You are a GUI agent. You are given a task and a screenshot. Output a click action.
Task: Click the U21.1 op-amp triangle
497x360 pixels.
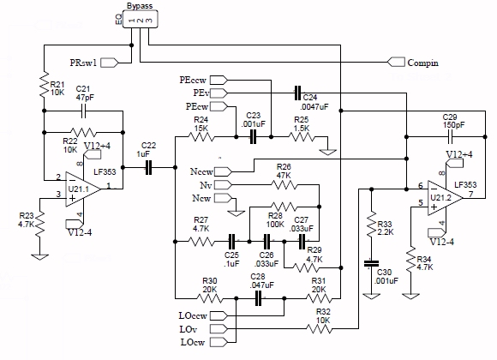click(x=81, y=189)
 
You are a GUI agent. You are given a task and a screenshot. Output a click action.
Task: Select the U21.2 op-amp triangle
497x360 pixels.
click(x=443, y=198)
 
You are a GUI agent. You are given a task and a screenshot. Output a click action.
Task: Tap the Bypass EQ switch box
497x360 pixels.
click(x=140, y=20)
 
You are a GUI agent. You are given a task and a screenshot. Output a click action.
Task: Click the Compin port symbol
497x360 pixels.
click(x=396, y=63)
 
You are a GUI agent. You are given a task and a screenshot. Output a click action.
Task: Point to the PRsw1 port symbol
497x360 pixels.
click(x=110, y=63)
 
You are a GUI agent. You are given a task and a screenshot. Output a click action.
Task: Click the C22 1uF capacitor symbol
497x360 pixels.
click(x=148, y=167)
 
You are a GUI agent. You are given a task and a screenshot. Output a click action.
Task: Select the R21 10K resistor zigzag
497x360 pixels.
click(x=44, y=84)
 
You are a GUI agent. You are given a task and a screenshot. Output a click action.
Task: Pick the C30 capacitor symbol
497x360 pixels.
click(x=371, y=264)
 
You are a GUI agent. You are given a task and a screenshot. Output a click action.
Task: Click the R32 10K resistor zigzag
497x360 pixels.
click(x=319, y=329)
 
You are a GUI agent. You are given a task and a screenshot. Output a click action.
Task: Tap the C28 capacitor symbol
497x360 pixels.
click(x=258, y=298)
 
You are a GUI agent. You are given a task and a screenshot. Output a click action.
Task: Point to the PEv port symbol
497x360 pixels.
click(x=219, y=93)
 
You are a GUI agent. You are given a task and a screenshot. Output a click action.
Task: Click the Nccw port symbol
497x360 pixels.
click(x=223, y=171)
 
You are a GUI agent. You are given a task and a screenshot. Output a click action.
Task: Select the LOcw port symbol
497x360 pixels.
click(x=219, y=342)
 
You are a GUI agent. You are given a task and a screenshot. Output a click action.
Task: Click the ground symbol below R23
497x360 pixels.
click(x=40, y=257)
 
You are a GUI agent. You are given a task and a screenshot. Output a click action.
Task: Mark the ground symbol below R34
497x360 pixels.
click(x=410, y=296)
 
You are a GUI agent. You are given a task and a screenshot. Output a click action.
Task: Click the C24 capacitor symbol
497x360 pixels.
click(x=297, y=93)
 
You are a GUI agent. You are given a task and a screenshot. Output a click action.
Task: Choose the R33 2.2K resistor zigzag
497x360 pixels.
click(x=372, y=224)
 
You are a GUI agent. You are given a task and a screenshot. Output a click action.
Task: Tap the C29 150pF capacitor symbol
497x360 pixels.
click(x=450, y=137)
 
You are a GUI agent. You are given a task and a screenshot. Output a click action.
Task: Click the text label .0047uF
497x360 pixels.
click(x=314, y=107)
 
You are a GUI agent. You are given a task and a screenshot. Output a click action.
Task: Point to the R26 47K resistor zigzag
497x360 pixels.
click(x=284, y=184)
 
